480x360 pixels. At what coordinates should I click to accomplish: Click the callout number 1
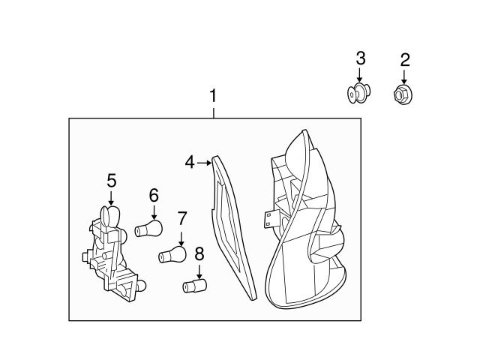(x=213, y=97)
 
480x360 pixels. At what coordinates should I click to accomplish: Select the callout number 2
(x=404, y=59)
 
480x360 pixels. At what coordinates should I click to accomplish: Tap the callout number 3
(x=360, y=58)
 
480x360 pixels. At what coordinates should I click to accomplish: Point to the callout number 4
(x=190, y=161)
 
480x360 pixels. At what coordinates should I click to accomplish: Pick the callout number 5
(x=111, y=180)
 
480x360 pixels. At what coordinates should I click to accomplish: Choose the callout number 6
(x=154, y=195)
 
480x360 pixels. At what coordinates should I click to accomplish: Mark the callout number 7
(x=181, y=218)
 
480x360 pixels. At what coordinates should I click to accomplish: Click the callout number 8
(x=199, y=253)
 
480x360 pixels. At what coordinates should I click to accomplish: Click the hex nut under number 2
(x=403, y=94)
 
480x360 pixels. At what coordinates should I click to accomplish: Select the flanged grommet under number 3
(x=358, y=94)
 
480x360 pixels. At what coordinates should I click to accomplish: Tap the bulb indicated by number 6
(x=148, y=227)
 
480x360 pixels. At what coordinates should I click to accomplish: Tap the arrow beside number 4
(x=204, y=161)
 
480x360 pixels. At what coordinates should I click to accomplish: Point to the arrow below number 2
(x=404, y=76)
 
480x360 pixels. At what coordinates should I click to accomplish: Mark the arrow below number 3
(x=360, y=76)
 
